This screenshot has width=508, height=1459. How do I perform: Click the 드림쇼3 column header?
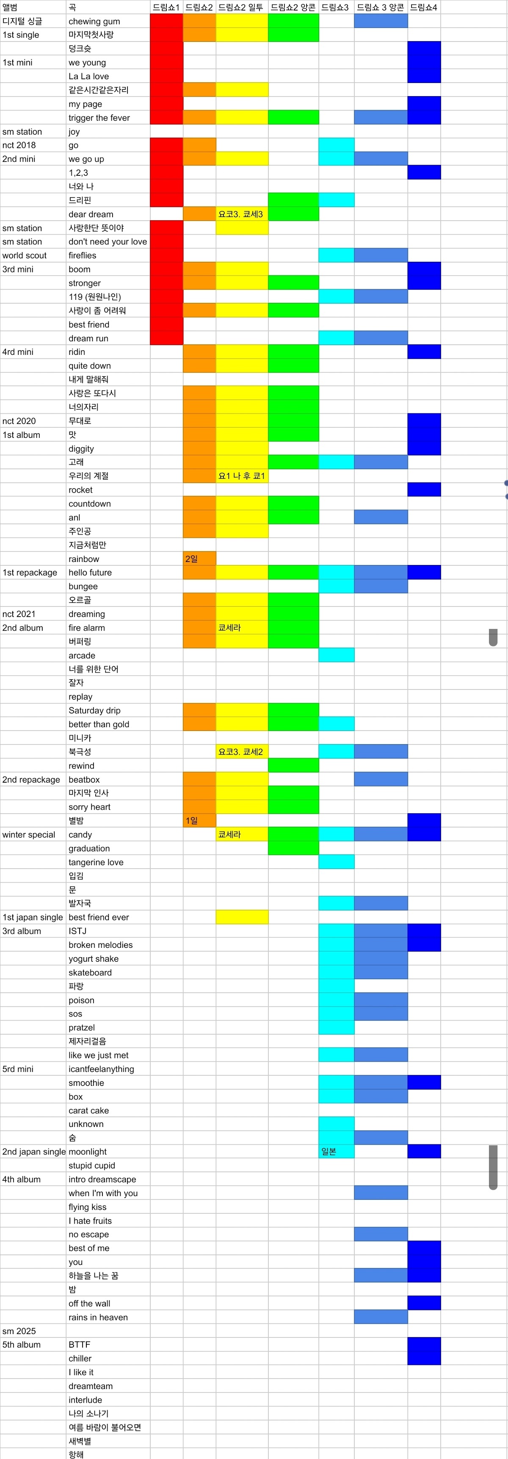[335, 7]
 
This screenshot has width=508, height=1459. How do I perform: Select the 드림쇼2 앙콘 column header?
[293, 7]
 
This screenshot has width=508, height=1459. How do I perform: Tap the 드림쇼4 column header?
[424, 7]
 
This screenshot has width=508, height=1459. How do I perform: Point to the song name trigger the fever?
[99, 118]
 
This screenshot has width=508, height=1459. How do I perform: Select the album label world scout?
[25, 255]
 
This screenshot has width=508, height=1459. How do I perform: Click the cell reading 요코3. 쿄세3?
[241, 214]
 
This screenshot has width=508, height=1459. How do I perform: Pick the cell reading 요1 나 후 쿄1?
[242, 476]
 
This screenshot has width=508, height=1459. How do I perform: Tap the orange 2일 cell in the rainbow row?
[199, 559]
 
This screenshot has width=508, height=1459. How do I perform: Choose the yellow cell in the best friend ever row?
[242, 917]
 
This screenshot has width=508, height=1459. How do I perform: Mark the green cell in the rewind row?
[293, 765]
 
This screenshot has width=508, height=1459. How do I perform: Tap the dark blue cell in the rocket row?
[424, 489]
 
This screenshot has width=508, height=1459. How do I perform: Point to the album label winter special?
[29, 834]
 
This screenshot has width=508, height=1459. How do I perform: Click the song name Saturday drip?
[94, 710]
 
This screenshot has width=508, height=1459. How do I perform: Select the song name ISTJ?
[77, 930]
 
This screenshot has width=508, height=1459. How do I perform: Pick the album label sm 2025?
[19, 1330]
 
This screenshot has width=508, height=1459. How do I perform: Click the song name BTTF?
[79, 1344]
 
